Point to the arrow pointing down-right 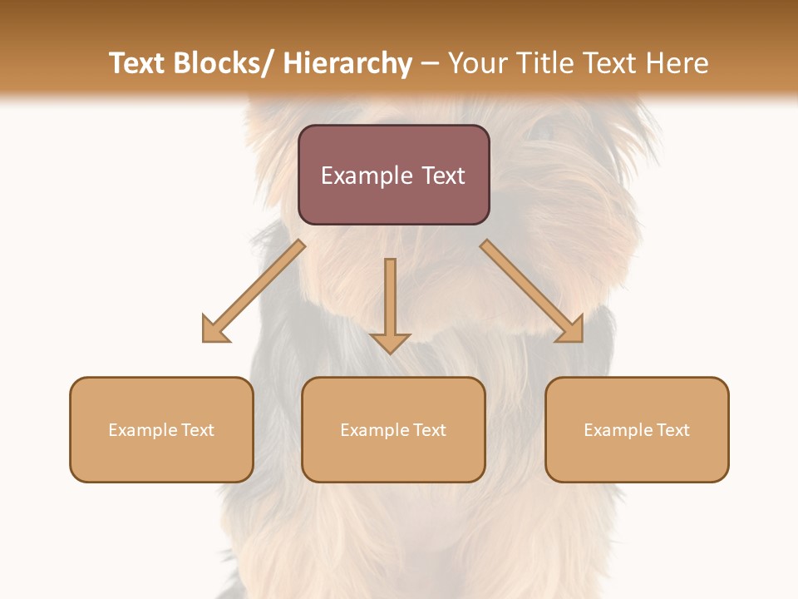pos(533,292)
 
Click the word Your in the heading pos(476,63)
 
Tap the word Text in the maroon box pos(442,176)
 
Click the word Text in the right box pos(671,430)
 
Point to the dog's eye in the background pos(542,129)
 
